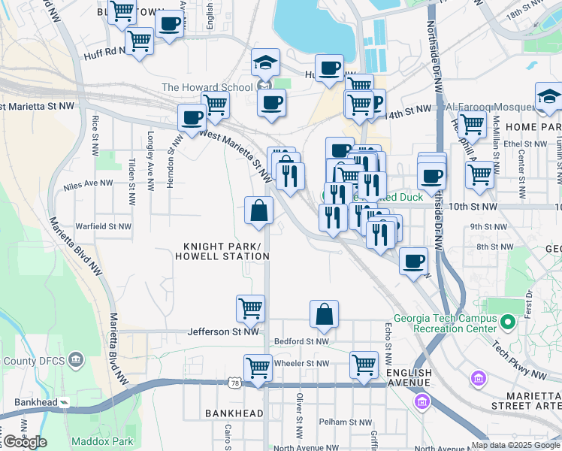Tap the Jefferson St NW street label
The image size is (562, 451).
(x=223, y=331)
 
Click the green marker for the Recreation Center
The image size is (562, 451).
(x=508, y=323)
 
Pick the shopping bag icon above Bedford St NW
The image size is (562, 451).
(x=324, y=313)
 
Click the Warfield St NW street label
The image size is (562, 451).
(x=103, y=225)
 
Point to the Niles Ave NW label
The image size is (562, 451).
(x=88, y=183)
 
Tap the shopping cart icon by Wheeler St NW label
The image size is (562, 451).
(x=364, y=363)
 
